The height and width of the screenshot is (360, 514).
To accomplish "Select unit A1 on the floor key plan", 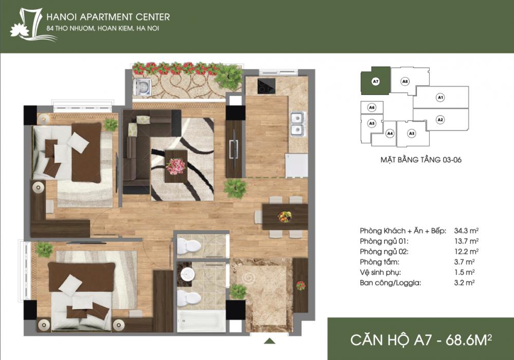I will coord(440,97).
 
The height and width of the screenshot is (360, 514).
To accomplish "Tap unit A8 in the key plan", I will coord(406,81).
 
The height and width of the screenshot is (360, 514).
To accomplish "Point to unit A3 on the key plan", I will coord(411,133).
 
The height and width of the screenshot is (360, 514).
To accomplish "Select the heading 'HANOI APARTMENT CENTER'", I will coord(108,17).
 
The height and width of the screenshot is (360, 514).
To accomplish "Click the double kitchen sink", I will coord(297,124).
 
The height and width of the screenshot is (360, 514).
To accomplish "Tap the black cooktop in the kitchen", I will coord(266,87).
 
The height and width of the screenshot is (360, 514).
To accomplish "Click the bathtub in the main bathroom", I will coord(200,321).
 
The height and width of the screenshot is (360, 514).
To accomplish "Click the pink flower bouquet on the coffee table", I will coord(175,165).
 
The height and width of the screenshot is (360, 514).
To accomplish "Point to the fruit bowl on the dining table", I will coord(285,216).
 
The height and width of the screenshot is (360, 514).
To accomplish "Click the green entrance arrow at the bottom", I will coord(270,340).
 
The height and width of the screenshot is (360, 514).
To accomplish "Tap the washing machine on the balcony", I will coord(142,87).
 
